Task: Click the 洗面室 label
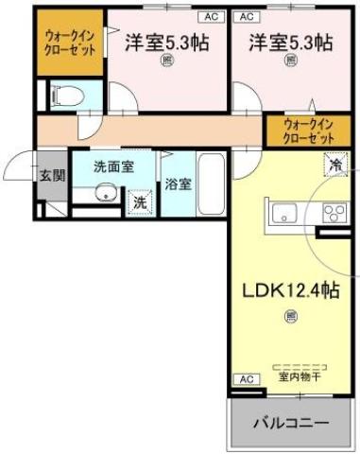click(x=112, y=165)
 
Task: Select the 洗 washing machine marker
click(x=139, y=201)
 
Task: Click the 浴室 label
click(x=178, y=183)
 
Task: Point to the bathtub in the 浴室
click(x=210, y=184)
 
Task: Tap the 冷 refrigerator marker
click(x=335, y=165)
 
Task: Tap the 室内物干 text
click(x=300, y=376)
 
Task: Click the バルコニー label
click(x=290, y=423)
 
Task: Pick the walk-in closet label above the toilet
click(x=70, y=44)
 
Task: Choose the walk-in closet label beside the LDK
click(x=310, y=131)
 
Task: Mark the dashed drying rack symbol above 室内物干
click(x=300, y=364)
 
